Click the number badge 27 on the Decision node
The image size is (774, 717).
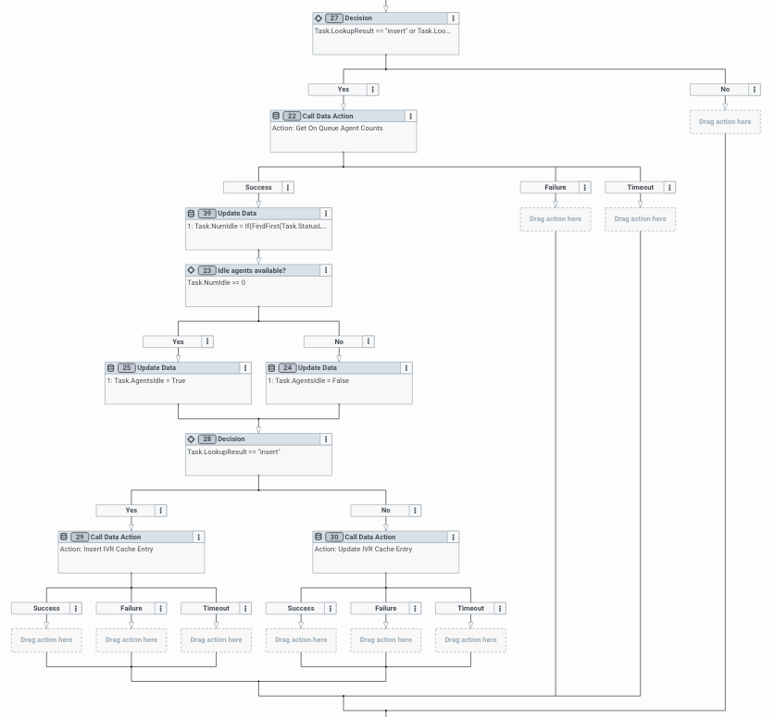click(x=333, y=18)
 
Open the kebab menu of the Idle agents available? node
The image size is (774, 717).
click(x=326, y=270)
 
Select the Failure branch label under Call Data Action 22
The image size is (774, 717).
click(x=556, y=187)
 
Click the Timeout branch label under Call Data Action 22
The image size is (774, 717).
click(x=640, y=187)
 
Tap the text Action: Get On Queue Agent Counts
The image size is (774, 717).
click(x=327, y=129)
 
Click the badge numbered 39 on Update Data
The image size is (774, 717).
click(x=206, y=214)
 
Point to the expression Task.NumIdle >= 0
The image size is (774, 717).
click(x=217, y=283)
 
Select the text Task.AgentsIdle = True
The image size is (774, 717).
click(x=146, y=380)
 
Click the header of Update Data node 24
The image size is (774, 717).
click(x=333, y=367)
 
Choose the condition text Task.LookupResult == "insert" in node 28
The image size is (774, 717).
click(x=233, y=451)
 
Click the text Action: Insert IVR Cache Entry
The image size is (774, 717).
click(x=106, y=550)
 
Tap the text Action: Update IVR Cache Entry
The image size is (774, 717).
click(x=363, y=550)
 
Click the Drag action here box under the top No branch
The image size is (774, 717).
click(x=725, y=122)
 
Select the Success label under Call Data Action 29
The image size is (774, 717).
click(x=46, y=608)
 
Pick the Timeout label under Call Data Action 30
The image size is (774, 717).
click(x=470, y=608)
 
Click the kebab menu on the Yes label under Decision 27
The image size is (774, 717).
click(x=373, y=90)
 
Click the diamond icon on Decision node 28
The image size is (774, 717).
click(x=192, y=439)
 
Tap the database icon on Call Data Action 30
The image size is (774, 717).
click(x=318, y=538)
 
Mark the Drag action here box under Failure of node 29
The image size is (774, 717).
click(x=131, y=640)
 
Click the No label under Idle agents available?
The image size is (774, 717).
click(x=338, y=341)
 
